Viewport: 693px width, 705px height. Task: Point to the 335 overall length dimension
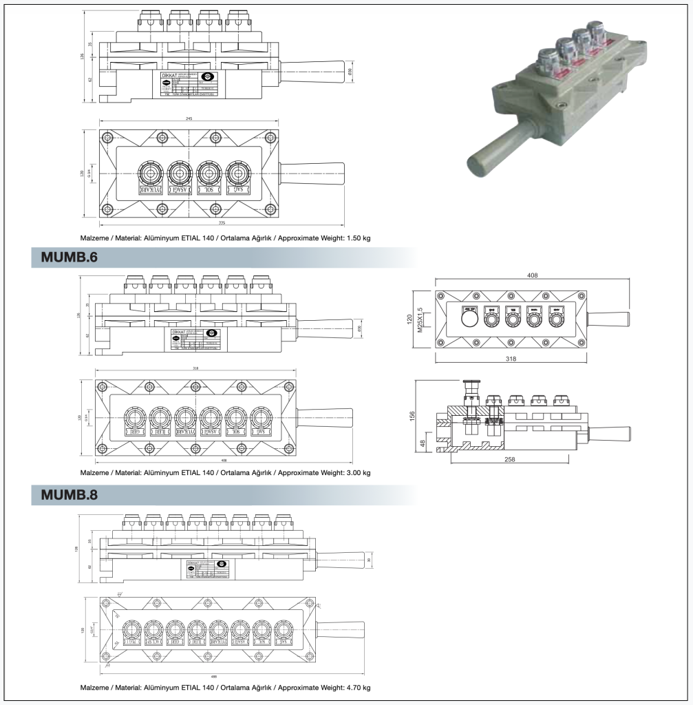tap(222, 223)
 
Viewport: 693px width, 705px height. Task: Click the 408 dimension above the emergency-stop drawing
tap(532, 275)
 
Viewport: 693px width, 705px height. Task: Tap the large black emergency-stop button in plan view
tap(469, 319)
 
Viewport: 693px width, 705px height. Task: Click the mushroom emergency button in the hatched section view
tap(471, 386)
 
